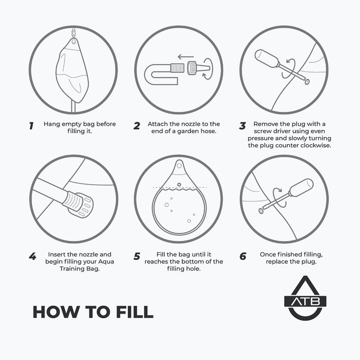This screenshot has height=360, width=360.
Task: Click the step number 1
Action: (x=31, y=126)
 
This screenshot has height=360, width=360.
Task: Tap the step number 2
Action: (x=137, y=126)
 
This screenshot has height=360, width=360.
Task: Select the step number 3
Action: (x=243, y=126)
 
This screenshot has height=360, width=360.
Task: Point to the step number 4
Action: (x=32, y=256)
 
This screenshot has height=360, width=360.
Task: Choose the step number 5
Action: (x=137, y=256)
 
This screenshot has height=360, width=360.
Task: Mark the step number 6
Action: (x=243, y=256)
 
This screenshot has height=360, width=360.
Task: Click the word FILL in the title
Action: (x=135, y=312)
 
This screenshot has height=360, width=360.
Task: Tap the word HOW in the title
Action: (x=57, y=312)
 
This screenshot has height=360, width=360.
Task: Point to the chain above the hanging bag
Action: (x=73, y=33)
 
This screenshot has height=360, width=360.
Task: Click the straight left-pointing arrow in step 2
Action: (x=186, y=57)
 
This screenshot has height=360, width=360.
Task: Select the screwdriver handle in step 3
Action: (x=267, y=58)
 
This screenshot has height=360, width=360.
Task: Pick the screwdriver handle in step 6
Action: (x=301, y=188)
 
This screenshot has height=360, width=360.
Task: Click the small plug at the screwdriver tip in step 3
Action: (x=307, y=81)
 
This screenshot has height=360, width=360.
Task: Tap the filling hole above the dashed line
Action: (x=179, y=184)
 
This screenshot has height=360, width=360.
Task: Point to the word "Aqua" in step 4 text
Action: (x=106, y=262)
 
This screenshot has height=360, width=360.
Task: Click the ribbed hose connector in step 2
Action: (x=177, y=68)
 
